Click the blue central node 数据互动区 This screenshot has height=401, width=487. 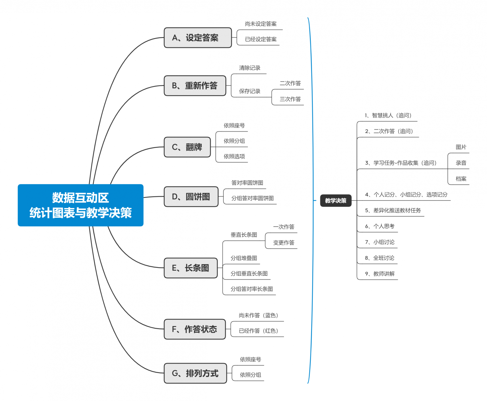[x=80, y=205]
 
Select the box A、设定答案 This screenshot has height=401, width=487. [x=198, y=38]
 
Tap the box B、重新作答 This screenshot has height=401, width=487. [x=195, y=86]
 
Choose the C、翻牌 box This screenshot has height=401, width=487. [x=187, y=147]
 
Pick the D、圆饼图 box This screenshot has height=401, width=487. [x=191, y=197]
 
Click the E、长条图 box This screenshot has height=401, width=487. [x=191, y=268]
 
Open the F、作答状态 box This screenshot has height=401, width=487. [x=194, y=329]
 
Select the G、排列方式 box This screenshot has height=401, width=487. [x=195, y=373]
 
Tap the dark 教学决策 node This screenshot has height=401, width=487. [x=335, y=200]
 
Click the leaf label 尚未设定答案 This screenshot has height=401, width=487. [x=261, y=24]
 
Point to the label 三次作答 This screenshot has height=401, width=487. [x=290, y=99]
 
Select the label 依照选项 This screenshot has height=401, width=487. [x=234, y=156]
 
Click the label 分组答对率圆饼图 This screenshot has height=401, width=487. [x=252, y=198]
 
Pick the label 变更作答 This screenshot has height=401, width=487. [x=284, y=243]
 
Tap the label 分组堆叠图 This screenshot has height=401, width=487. [x=244, y=258]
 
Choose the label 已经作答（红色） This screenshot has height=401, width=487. [x=258, y=331]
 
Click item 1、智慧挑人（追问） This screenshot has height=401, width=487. [x=388, y=115]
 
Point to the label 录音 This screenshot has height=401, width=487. [x=461, y=163]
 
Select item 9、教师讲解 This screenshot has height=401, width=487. [x=380, y=274]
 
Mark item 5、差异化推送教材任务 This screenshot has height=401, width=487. [x=393, y=210]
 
